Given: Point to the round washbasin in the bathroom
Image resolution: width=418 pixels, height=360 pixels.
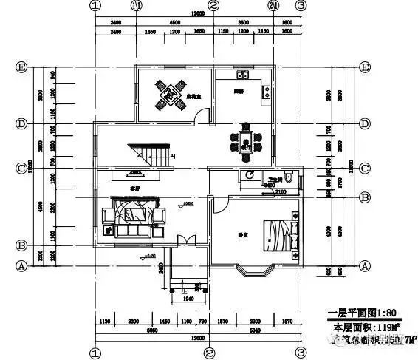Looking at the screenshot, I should [250, 175].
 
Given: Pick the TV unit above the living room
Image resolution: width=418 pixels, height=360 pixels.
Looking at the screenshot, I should [133, 175].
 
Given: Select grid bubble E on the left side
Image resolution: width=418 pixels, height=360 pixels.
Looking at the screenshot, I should [22, 67].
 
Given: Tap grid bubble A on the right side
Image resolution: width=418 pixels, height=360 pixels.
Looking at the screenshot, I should [364, 265].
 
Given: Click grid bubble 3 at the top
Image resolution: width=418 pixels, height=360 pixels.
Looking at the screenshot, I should [301, 5].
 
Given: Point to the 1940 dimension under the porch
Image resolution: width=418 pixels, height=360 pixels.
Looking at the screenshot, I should [188, 299].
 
